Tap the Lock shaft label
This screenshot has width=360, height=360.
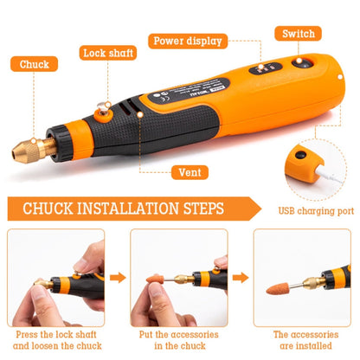click(108, 53)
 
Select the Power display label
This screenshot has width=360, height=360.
click(187, 40)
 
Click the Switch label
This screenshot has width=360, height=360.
click(299, 34)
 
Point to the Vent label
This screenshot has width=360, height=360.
click(190, 172)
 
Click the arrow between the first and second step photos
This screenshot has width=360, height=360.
click(118, 279)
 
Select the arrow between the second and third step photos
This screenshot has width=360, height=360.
click(241, 279)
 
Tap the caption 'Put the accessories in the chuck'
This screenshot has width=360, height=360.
click(178, 340)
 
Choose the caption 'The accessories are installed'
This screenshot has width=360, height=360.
click(302, 340)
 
